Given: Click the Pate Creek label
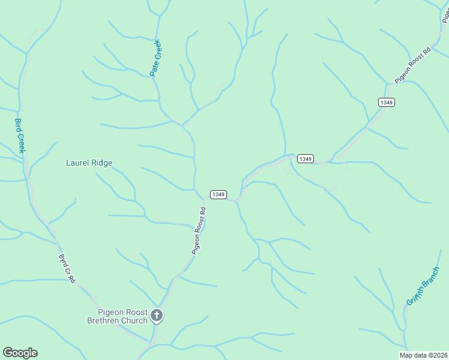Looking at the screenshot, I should [156, 58].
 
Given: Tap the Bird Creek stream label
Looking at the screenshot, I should [19, 135].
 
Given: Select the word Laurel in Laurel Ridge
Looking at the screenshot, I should [77, 163].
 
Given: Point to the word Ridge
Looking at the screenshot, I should [101, 163].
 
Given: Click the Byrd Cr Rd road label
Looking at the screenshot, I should [67, 268].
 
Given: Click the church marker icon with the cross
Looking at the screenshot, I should [157, 315].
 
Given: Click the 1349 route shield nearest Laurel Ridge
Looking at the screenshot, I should [218, 194].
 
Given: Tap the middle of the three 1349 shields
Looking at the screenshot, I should [305, 158].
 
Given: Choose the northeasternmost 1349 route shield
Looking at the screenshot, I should [387, 103].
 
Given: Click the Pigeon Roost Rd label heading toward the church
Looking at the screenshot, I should [199, 231].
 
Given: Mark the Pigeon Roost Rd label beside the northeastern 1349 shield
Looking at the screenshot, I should [413, 65].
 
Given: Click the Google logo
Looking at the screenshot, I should [20, 353].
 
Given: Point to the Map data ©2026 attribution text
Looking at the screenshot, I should [423, 355].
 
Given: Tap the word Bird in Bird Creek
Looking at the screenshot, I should [17, 125].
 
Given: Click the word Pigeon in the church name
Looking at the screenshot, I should [111, 312].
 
